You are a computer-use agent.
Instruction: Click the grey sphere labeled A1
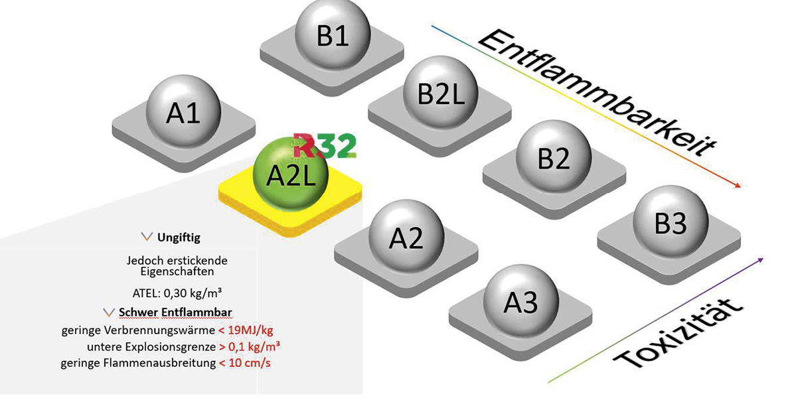(x=183, y=111)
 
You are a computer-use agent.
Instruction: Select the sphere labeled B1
(x=333, y=34)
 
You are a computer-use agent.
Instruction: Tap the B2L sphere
(x=441, y=92)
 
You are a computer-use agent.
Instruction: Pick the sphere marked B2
(x=554, y=157)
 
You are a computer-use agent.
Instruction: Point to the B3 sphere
(x=671, y=222)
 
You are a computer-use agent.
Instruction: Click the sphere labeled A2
(x=406, y=236)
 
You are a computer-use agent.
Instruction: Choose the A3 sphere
(x=521, y=301)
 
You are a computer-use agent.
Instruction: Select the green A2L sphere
(x=290, y=174)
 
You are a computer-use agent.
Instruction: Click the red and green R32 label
(x=325, y=145)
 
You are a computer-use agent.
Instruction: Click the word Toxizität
(x=678, y=334)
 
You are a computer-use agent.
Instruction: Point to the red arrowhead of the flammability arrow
(x=736, y=184)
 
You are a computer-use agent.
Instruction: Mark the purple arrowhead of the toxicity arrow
(x=760, y=260)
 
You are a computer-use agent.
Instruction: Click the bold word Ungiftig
(x=179, y=238)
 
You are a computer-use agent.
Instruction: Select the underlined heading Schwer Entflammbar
(x=175, y=312)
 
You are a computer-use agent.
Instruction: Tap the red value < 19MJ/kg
(x=246, y=330)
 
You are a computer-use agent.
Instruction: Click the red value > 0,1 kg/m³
(x=249, y=346)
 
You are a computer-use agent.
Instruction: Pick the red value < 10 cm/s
(x=244, y=363)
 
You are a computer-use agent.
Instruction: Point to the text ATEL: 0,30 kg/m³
(x=177, y=293)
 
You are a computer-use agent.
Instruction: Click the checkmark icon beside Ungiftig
(x=147, y=237)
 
